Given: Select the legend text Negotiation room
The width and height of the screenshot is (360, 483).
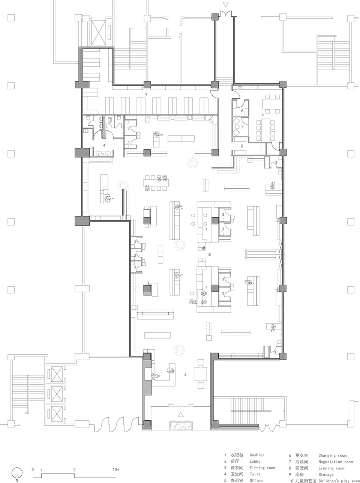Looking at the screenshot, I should tap(335, 462).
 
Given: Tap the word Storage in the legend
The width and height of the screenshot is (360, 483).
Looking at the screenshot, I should tap(326, 474).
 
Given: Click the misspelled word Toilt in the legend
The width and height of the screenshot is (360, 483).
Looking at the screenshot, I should tap(255, 474).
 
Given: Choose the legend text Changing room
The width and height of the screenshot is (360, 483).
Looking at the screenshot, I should tap(332, 455).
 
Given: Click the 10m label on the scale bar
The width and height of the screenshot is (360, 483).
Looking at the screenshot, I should tap(115, 469).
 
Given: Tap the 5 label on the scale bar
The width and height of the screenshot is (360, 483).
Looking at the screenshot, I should tap(75, 469).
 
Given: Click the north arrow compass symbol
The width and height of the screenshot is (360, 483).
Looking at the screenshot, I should tap(16, 474).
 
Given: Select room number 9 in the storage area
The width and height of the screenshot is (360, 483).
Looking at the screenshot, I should tap(147, 94).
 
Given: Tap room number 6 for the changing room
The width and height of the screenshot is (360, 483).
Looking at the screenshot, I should tap(242, 111).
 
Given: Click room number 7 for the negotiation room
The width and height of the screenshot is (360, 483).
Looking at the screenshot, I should tap(242, 128).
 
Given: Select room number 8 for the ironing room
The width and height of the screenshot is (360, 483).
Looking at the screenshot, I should tap(242, 146).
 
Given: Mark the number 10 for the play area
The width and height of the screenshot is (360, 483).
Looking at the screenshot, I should tap(209, 255).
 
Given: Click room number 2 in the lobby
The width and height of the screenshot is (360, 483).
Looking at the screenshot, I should tap(185, 374).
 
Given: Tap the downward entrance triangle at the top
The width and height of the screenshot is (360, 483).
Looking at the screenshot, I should tap(225, 5).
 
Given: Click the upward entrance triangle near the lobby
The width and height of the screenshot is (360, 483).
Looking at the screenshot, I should tap(181, 415).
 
